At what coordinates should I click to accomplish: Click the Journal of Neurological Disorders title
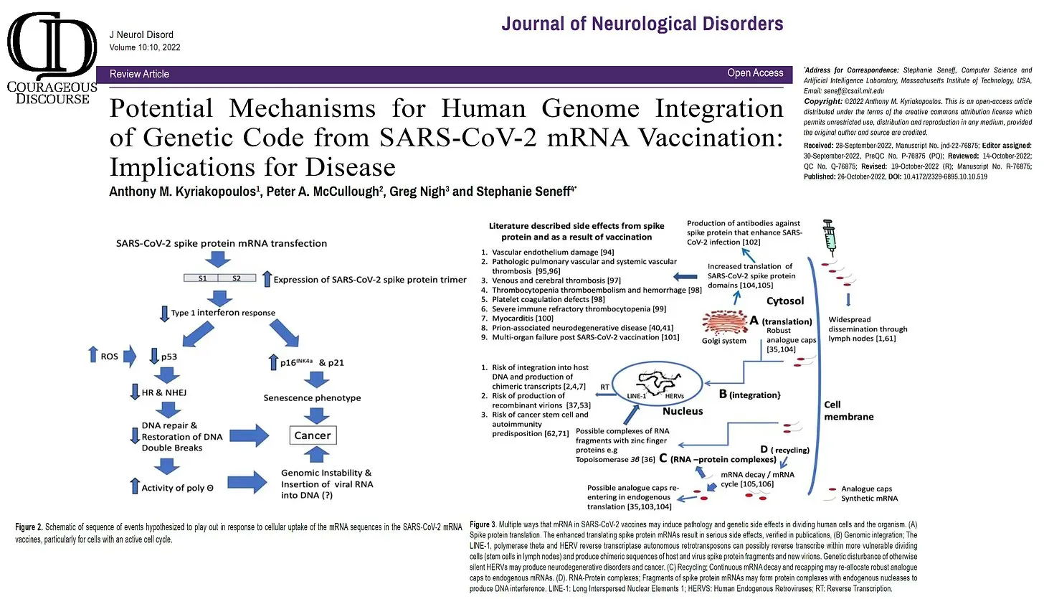pos(642,24)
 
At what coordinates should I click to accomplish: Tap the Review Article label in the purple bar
pos(139,74)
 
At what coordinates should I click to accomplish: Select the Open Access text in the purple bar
pos(755,73)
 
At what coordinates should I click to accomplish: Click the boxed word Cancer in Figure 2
pos(313,435)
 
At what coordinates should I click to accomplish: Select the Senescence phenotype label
pos(312,397)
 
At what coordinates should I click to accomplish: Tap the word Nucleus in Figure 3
pos(682,412)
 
